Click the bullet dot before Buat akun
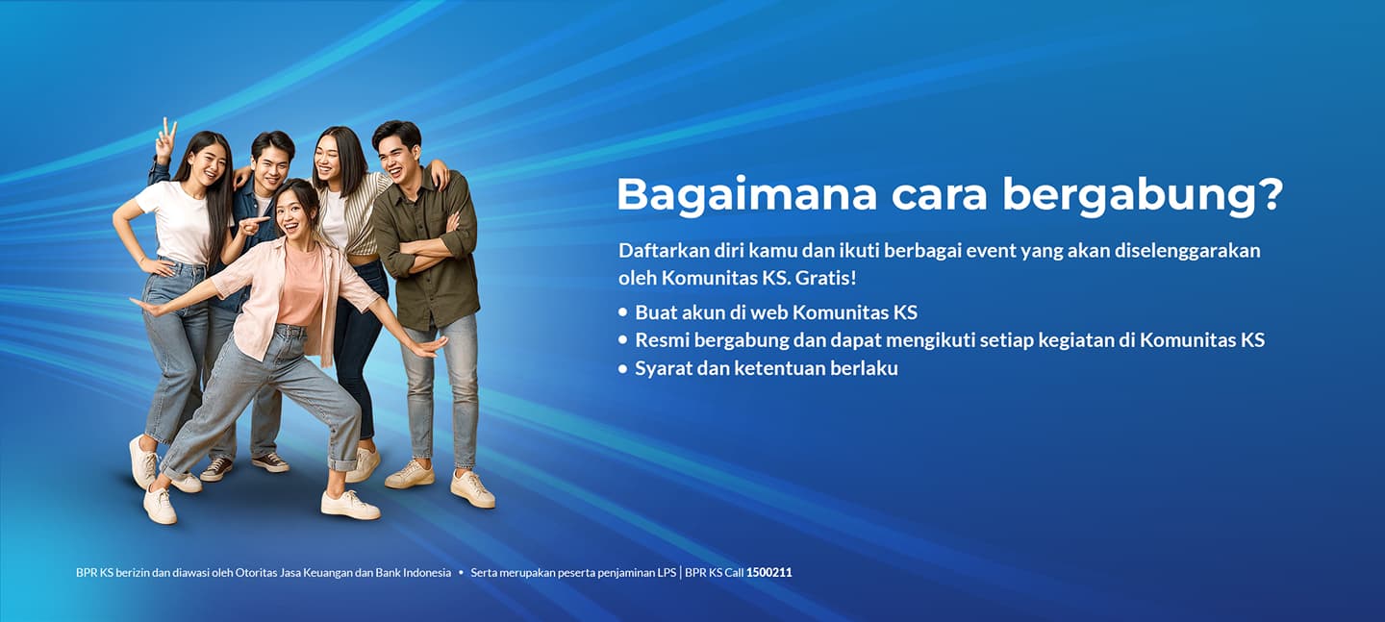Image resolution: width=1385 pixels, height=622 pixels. click(622, 312)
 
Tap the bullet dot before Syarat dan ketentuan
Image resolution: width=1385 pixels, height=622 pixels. click(622, 369)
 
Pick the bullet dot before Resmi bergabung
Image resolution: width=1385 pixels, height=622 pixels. click(622, 340)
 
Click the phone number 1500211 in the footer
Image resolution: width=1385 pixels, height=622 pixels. click(768, 573)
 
